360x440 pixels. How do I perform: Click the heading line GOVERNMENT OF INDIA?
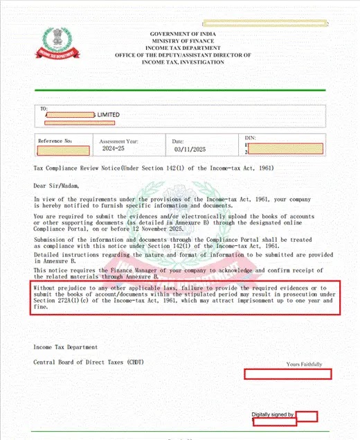pyautogui.click(x=183, y=34)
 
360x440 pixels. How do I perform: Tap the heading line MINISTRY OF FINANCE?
pyautogui.click(x=183, y=41)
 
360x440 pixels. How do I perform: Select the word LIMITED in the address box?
pyautogui.click(x=108, y=115)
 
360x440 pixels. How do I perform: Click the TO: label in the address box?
pyautogui.click(x=44, y=109)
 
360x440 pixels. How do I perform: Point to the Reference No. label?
pyautogui.click(x=55, y=141)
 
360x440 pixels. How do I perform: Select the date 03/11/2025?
pyautogui.click(x=189, y=149)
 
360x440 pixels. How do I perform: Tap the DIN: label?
pyautogui.click(x=251, y=139)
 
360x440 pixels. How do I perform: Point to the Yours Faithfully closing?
pyautogui.click(x=304, y=364)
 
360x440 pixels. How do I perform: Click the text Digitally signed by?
pyautogui.click(x=273, y=414)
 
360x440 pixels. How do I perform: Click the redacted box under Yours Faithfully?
pyautogui.click(x=288, y=373)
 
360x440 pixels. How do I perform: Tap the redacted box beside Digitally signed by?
pyautogui.click(x=307, y=416)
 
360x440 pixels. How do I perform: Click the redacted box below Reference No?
pyautogui.click(x=64, y=150)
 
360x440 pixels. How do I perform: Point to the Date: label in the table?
pyautogui.click(x=178, y=141)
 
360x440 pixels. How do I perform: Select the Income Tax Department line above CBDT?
pyautogui.click(x=66, y=346)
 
